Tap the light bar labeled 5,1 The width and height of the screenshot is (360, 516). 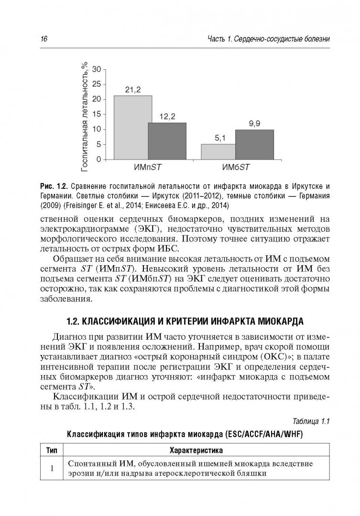[x=218, y=151]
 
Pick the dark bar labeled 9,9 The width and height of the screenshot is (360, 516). [x=254, y=144]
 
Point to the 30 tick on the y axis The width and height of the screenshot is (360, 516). [x=96, y=69]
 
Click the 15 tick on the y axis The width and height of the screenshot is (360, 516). [x=96, y=114]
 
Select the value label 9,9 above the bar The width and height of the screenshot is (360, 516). [x=254, y=124]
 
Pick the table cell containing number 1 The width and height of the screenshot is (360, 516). [x=52, y=468]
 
